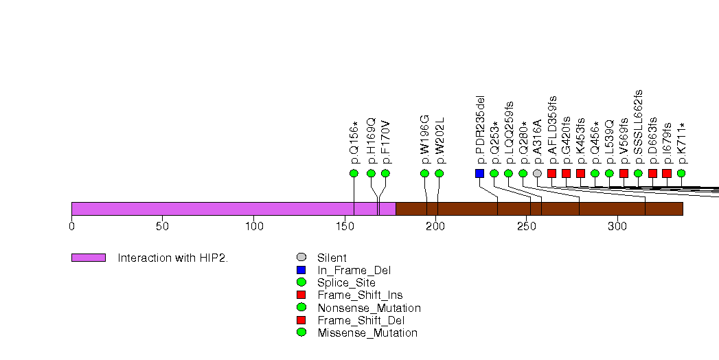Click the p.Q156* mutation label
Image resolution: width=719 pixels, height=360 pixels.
coord(354,143)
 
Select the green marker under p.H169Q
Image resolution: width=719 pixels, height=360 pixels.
coord(371,173)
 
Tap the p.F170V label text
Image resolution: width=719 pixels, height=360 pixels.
coord(386,143)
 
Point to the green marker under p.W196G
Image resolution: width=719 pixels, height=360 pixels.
coord(424,173)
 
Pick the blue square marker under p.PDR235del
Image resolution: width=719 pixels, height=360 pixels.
coord(479,173)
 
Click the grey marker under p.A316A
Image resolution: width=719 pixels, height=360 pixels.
coord(537,173)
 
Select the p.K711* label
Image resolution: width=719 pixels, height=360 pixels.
coord(681,143)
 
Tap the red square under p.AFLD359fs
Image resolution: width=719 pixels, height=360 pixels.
coord(551,173)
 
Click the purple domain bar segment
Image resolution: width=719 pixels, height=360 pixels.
coord(233,209)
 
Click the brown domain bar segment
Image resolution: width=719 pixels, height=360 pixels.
coord(539,209)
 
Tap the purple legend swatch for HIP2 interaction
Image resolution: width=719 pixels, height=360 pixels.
coord(88,258)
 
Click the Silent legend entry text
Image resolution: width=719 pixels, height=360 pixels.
coord(332,258)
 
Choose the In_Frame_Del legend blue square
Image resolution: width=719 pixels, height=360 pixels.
coord(301,270)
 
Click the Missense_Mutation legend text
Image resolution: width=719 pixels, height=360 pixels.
coord(367,333)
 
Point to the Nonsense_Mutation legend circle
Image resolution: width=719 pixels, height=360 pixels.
coord(301,308)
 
